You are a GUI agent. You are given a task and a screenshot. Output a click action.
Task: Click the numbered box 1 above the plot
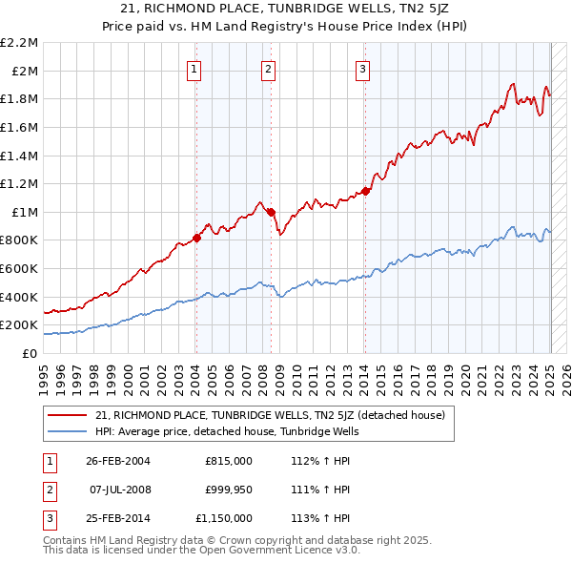coord(194,68)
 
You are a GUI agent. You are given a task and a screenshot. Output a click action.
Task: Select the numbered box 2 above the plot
coord(269,68)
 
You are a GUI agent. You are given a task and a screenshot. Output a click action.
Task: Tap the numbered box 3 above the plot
coord(363,68)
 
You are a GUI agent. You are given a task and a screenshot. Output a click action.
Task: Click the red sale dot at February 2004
coord(197,238)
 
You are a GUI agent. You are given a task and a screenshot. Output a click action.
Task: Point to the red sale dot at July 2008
coord(271,212)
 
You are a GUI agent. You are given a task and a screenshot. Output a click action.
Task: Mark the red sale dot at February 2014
coord(366,191)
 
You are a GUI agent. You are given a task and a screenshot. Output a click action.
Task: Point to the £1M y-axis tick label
coord(25,212)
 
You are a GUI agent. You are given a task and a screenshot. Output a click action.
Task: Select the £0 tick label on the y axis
coord(31,353)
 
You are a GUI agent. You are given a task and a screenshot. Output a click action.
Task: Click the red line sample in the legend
coord(68,415)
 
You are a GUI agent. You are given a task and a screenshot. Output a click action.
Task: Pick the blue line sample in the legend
coord(68,431)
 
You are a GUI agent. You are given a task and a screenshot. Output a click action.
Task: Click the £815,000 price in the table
coord(229,461)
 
